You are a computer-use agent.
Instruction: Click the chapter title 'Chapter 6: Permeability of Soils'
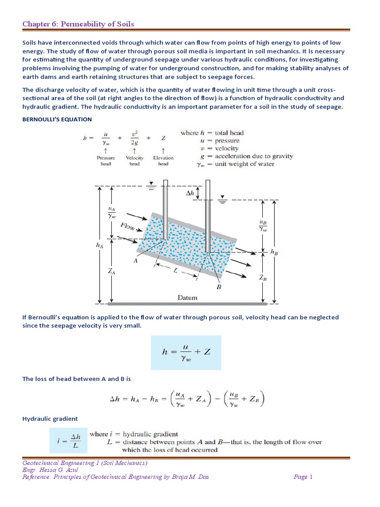click(78, 24)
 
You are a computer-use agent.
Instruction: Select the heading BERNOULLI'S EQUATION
click(57, 119)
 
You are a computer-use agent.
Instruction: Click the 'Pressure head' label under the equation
click(106, 161)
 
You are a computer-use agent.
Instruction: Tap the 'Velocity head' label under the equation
click(135, 161)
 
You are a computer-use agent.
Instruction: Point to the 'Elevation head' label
click(163, 161)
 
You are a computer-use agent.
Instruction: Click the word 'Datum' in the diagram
click(187, 298)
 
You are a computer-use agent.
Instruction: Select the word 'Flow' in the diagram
click(130, 227)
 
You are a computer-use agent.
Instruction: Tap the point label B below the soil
click(219, 286)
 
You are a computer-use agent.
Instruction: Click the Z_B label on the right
click(263, 278)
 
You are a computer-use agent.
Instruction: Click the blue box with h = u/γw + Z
click(187, 352)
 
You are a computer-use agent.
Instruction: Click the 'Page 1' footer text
click(303, 477)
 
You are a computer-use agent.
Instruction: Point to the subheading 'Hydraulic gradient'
click(50, 418)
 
